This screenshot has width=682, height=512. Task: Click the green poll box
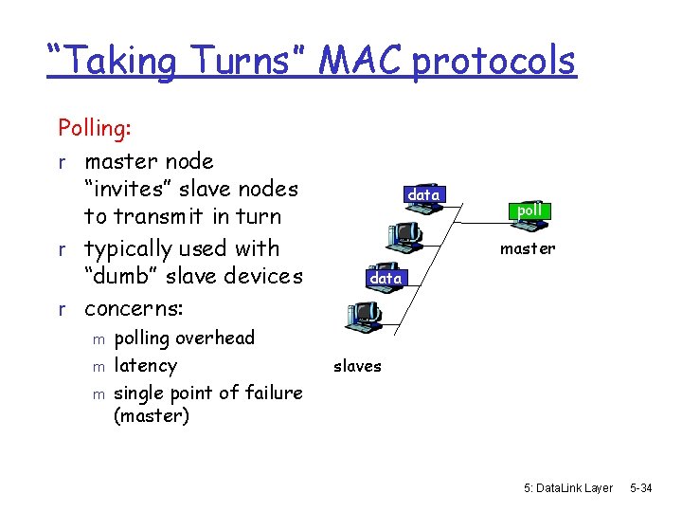529,210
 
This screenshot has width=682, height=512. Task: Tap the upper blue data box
422,194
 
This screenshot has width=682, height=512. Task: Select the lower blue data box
386,278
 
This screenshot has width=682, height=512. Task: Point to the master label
528,248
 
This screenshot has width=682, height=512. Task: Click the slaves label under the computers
357,366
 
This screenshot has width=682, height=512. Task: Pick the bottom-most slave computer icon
364,313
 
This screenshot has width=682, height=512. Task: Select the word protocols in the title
494,62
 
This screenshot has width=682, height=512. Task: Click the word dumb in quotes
121,276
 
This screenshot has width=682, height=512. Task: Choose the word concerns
134,309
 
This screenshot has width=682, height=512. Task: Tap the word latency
145,365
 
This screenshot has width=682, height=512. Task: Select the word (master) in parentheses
152,415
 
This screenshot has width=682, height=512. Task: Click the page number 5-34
641,487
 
